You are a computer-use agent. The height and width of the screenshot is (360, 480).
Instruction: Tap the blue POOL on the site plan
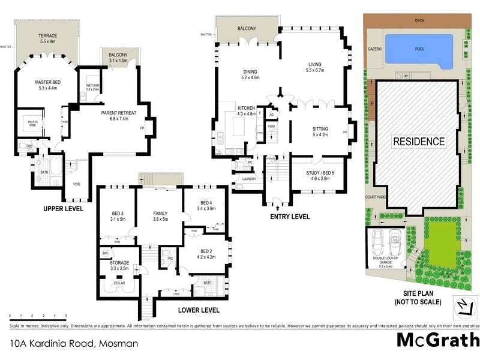(419, 49)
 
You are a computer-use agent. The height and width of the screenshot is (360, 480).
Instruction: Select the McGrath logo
(438, 340)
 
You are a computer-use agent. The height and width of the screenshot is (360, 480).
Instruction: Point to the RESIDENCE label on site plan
(419, 142)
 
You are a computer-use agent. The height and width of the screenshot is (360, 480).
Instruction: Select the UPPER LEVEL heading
(63, 209)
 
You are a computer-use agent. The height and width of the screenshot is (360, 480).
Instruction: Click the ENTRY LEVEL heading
(290, 217)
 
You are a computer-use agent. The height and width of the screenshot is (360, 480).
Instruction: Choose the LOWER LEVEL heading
(199, 310)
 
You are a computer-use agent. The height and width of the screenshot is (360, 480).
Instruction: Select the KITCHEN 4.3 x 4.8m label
(246, 111)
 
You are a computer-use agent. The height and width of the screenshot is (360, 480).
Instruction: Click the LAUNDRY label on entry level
(249, 179)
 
